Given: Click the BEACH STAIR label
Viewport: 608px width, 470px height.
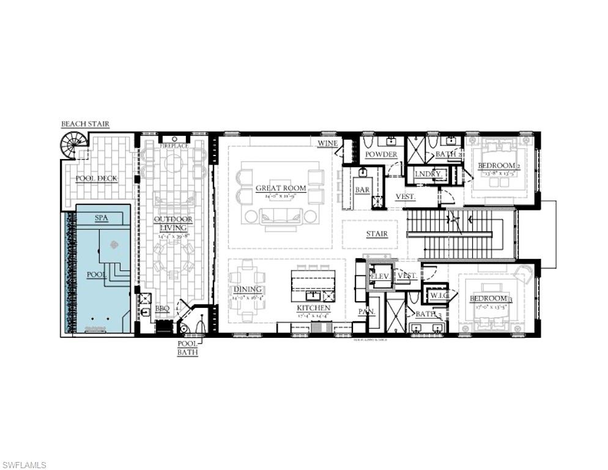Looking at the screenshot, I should tap(85, 124).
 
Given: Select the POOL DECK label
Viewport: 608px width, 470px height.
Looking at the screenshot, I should tap(96, 179).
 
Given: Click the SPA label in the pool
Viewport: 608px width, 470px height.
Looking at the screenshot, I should tap(102, 218).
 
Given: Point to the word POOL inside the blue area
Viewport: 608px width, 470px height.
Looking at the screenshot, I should tap(97, 275).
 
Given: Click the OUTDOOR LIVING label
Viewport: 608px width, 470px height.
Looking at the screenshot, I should tap(173, 223).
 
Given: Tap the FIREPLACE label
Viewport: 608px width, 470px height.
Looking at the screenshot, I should tap(174, 146).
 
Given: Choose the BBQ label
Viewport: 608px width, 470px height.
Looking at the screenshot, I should tap(162, 309).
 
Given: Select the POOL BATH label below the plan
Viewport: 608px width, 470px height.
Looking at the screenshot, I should tap(187, 348).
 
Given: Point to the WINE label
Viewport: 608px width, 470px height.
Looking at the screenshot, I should tap(328, 143).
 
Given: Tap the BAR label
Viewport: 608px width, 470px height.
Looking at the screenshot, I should tap(363, 190).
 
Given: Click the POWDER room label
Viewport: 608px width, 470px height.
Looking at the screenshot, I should tap(381, 155).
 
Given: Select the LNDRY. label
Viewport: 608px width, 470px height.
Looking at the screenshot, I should tap(428, 174).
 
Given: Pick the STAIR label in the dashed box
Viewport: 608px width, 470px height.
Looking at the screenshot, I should tap(377, 234).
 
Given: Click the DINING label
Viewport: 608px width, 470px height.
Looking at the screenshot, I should tap(248, 289).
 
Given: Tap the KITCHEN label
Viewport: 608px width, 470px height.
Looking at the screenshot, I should tap(313, 308).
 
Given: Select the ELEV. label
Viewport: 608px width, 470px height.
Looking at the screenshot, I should tap(380, 276).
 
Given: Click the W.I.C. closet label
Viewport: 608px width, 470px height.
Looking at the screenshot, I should tap(439, 296).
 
